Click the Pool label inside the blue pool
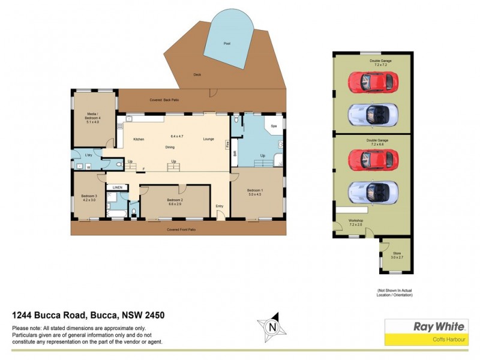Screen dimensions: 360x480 click(x=226, y=44)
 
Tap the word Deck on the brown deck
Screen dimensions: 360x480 click(x=197, y=74)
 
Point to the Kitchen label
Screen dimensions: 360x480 click(x=139, y=139)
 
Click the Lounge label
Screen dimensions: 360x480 click(x=208, y=139)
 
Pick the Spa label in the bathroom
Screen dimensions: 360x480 click(x=274, y=127)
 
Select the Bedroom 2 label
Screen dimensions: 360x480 click(x=175, y=201)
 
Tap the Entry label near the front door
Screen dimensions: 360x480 click(x=220, y=206)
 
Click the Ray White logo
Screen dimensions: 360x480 click(x=439, y=327)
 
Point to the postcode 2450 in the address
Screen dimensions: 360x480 click(x=154, y=315)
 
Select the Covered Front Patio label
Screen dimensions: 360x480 click(x=181, y=229)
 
